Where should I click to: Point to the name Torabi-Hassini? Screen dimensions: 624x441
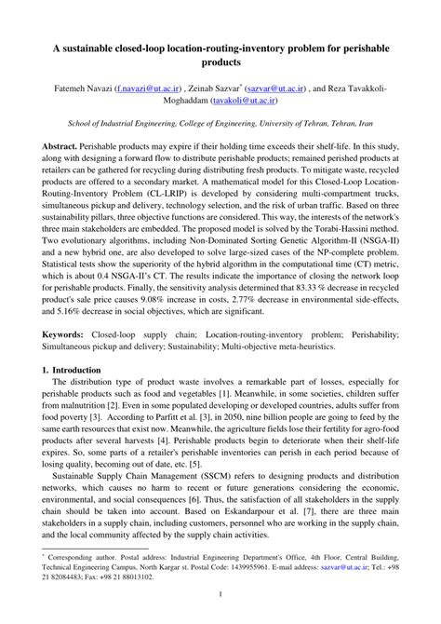tap(346, 232)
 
